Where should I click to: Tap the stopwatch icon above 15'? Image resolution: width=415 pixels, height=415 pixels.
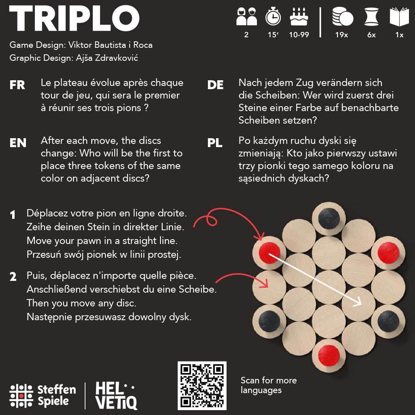[273, 17]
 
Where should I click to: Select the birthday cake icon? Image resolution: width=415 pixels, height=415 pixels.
[299, 17]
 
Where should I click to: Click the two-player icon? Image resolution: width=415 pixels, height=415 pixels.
[246, 17]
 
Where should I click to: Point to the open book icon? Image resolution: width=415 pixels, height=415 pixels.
[399, 17]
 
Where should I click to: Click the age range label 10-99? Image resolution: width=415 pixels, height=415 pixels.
[299, 35]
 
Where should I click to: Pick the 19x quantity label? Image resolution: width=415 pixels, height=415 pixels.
[341, 35]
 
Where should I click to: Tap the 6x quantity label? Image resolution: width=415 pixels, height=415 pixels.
[371, 35]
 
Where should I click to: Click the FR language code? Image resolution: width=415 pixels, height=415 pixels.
[17, 85]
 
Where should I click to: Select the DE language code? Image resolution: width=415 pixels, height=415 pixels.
[215, 85]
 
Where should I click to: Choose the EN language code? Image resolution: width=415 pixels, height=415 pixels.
[18, 143]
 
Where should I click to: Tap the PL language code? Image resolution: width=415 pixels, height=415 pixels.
[215, 143]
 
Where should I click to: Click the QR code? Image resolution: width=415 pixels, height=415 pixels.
[202, 385]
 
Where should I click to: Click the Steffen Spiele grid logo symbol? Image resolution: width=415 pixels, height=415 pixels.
[21, 395]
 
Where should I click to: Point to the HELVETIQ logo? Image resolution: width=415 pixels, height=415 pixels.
[116, 396]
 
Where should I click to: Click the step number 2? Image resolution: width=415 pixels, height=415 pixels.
[13, 277]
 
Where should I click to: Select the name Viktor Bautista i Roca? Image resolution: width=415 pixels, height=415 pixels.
[111, 45]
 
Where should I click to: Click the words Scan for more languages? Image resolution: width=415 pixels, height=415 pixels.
[268, 385]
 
